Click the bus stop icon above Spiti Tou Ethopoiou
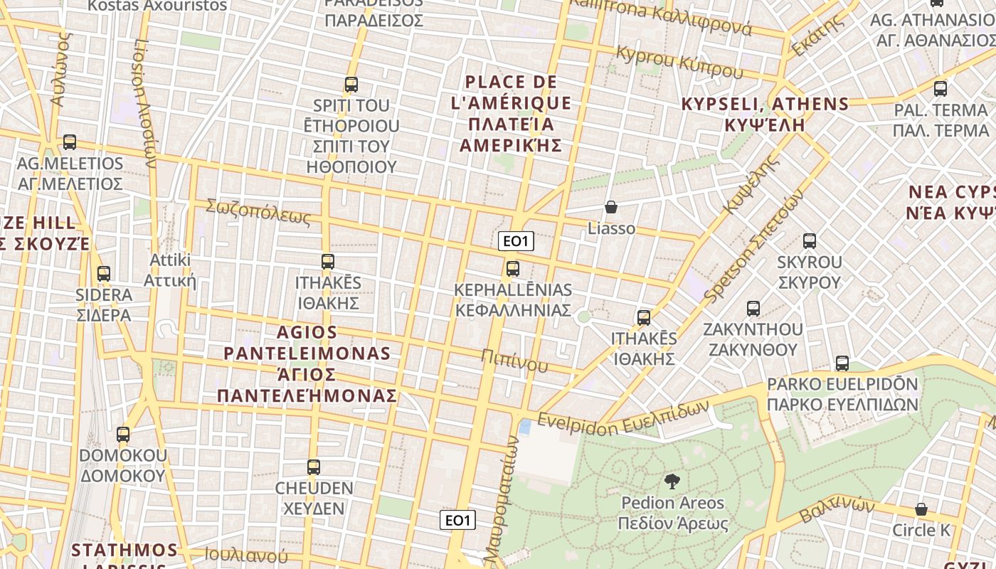pyautogui.click(x=351, y=85)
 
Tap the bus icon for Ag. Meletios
pyautogui.click(x=69, y=142)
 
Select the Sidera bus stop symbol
pyautogui.click(x=104, y=273)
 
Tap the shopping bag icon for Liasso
pyautogui.click(x=610, y=207)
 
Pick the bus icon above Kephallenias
pyautogui.click(x=512, y=269)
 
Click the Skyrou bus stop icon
pyautogui.click(x=809, y=240)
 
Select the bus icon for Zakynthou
pyautogui.click(x=753, y=309)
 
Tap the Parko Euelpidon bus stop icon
pyautogui.click(x=842, y=363)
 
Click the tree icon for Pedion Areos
pyautogui.click(x=671, y=482)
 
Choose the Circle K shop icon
pyautogui.click(x=921, y=509)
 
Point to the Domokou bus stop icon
pyautogui.click(x=123, y=434)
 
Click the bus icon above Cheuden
pyautogui.click(x=314, y=467)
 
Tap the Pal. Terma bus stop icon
pyautogui.click(x=941, y=89)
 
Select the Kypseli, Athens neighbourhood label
pyautogui.click(x=765, y=114)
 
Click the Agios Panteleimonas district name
pyautogui.click(x=307, y=363)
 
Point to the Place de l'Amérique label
pyautogui.click(x=512, y=114)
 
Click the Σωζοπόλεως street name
pyautogui.click(x=258, y=212)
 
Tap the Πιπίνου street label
pyautogui.click(x=514, y=361)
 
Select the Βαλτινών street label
pyautogui.click(x=837, y=509)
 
